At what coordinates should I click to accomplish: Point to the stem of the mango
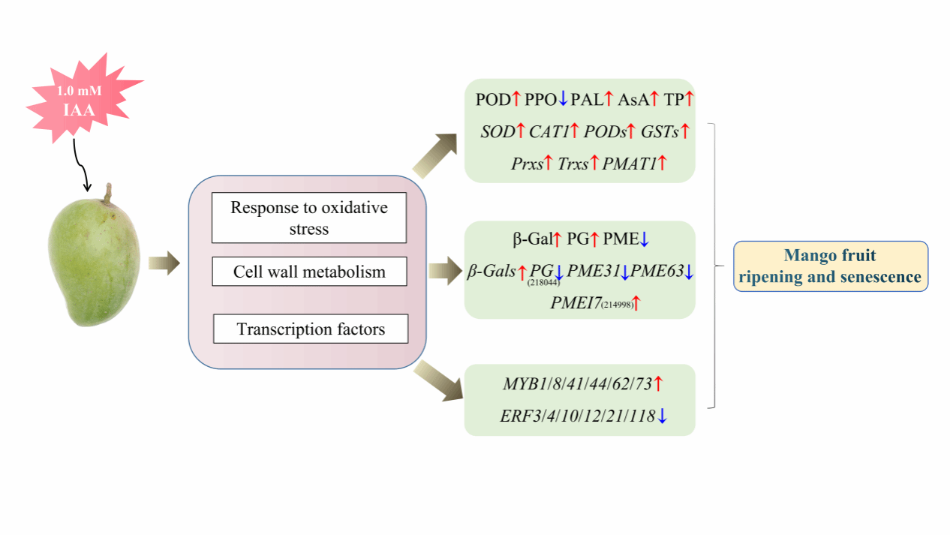109,194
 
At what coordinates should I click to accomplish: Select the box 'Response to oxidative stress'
308,218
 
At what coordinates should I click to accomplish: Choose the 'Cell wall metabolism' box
309,272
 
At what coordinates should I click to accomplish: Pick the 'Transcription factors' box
311,329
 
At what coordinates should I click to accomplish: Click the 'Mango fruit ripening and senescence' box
830,266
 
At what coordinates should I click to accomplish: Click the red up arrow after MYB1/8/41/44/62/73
658,384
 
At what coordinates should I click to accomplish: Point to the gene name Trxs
574,164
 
